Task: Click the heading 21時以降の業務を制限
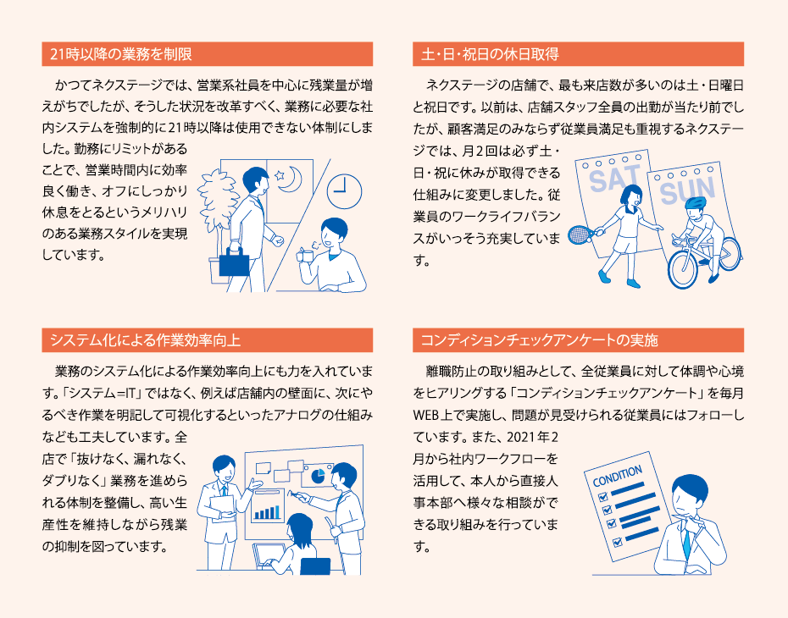point(120,54)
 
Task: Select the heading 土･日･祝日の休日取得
point(490,54)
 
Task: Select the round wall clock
point(341,190)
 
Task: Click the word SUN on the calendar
point(687,192)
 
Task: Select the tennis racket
point(579,235)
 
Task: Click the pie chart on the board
point(319,474)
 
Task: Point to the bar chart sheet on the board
point(268,505)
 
